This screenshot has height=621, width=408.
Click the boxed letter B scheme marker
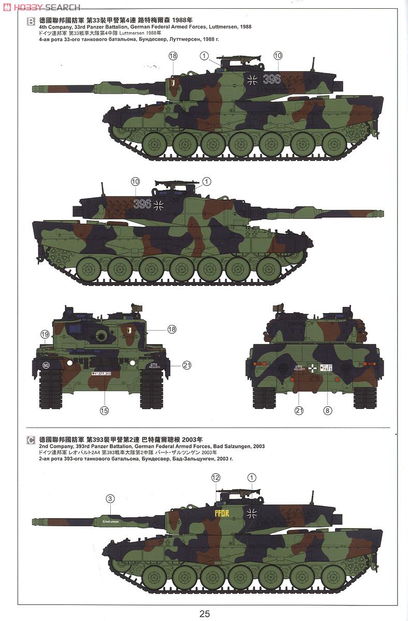point(31,21)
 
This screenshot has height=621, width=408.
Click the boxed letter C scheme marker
point(31,440)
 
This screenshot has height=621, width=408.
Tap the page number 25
point(204,613)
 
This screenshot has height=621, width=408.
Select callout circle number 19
point(45,334)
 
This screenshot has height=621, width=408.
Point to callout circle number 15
point(104,410)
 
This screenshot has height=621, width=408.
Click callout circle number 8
point(327,410)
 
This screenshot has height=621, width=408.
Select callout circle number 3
point(109,499)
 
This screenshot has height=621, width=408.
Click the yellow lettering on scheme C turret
point(221,513)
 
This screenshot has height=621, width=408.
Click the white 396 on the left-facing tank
point(142,204)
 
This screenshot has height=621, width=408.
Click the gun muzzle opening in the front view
point(101,336)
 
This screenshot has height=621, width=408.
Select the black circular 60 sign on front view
point(46,365)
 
